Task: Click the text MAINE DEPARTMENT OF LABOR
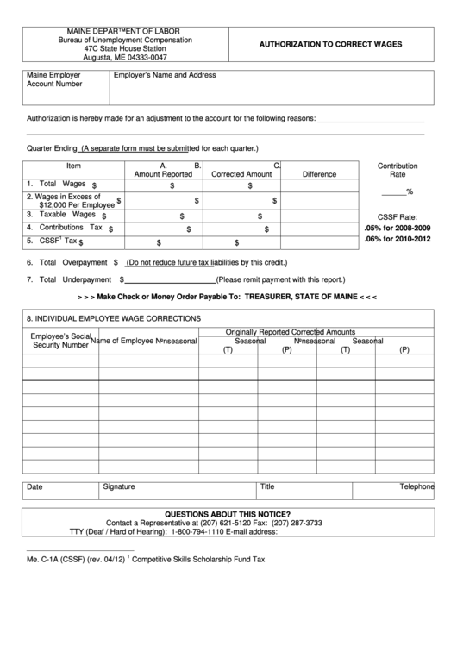click(125, 31)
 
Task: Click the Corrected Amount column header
click(241, 174)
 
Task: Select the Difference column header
click(319, 174)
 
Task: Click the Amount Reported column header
click(163, 174)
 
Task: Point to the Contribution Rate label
click(398, 170)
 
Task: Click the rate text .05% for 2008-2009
click(398, 227)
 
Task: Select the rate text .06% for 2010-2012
click(398, 240)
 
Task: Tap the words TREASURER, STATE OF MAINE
click(300, 296)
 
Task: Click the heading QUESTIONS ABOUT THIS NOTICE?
click(227, 513)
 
